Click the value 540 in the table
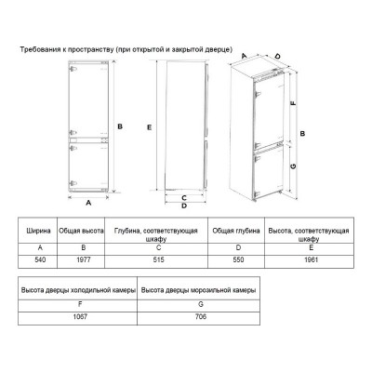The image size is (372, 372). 40,259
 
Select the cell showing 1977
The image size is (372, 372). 84,259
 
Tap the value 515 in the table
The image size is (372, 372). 158,259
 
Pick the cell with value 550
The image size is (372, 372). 238,259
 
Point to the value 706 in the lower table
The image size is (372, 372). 201,317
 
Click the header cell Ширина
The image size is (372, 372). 39,231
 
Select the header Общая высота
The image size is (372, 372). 81,231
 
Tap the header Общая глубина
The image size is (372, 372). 236,231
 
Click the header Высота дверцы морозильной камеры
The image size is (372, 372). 198,290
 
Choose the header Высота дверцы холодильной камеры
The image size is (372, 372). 78,290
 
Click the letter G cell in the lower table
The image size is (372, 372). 201,304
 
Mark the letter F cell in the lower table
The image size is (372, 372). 80,304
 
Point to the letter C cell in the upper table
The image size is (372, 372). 158,247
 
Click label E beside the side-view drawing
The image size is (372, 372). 150,127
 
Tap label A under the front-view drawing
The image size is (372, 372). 88,203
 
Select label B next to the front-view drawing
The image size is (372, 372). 120,126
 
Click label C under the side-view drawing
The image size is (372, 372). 184,198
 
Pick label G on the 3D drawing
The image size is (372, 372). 293,166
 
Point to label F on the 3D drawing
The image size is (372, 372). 293,103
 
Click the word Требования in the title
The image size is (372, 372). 36,49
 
